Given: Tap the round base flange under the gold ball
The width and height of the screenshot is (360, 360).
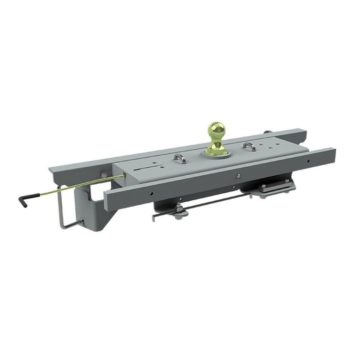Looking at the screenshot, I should [215, 153].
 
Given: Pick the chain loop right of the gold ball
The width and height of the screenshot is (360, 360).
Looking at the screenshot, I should [249, 146].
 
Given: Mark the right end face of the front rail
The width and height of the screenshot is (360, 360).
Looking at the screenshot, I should [333, 155].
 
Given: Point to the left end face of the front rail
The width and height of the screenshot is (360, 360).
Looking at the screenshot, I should [106, 201].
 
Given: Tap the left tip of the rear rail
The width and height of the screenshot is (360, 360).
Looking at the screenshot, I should [51, 170].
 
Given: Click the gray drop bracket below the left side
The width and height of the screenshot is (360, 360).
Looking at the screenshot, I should [97, 213].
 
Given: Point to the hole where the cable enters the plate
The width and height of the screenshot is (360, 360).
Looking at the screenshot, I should [124, 176].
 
